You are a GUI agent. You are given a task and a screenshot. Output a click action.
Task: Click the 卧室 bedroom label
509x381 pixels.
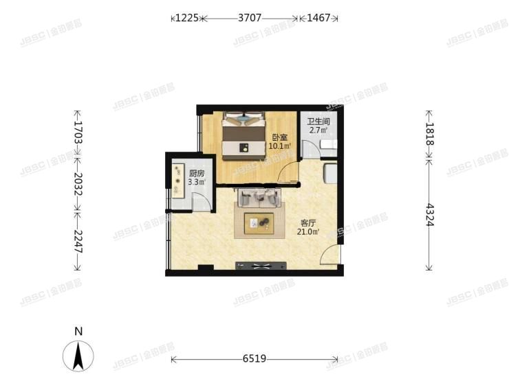click(x=279, y=137)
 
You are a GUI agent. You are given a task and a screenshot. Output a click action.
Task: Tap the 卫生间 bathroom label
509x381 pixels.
click(x=317, y=121)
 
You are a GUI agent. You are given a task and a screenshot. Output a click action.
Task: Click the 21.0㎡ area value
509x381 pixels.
click(x=308, y=232)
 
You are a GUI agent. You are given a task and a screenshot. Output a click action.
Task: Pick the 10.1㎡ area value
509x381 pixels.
click(x=280, y=146)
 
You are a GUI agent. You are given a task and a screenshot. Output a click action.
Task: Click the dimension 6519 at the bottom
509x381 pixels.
click(x=254, y=358)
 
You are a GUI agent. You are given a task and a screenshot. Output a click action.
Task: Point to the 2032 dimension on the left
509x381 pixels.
click(x=77, y=184)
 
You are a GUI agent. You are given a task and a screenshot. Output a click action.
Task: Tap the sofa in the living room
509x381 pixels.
click(x=259, y=198)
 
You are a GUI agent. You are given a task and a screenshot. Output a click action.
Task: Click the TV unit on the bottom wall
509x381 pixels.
click(x=258, y=266)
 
